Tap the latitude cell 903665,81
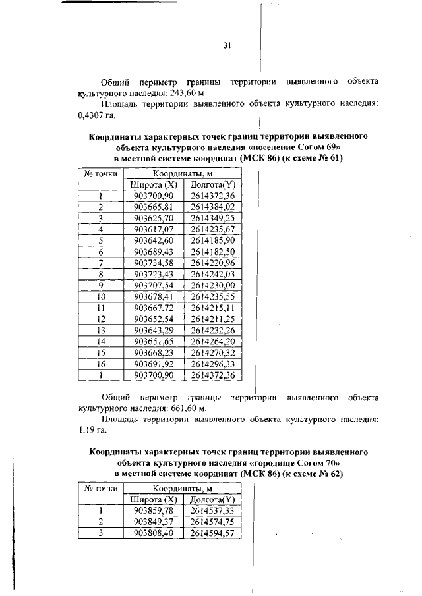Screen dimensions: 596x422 point(153,207)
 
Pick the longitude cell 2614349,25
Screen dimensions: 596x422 point(212,217)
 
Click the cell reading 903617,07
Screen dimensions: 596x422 point(153,229)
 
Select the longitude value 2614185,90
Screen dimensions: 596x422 point(212,240)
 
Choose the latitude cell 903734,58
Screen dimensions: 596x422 point(153,263)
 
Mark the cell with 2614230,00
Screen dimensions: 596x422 point(212,285)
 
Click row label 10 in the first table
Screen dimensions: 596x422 point(100,296)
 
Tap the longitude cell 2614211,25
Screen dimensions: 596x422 point(212,319)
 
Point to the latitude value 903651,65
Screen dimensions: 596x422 point(153,341)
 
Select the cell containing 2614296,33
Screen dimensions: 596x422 point(212,364)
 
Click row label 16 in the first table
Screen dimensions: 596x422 point(100,364)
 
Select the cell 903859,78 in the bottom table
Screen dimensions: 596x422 point(153,510)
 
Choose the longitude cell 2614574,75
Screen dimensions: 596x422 point(212,522)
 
